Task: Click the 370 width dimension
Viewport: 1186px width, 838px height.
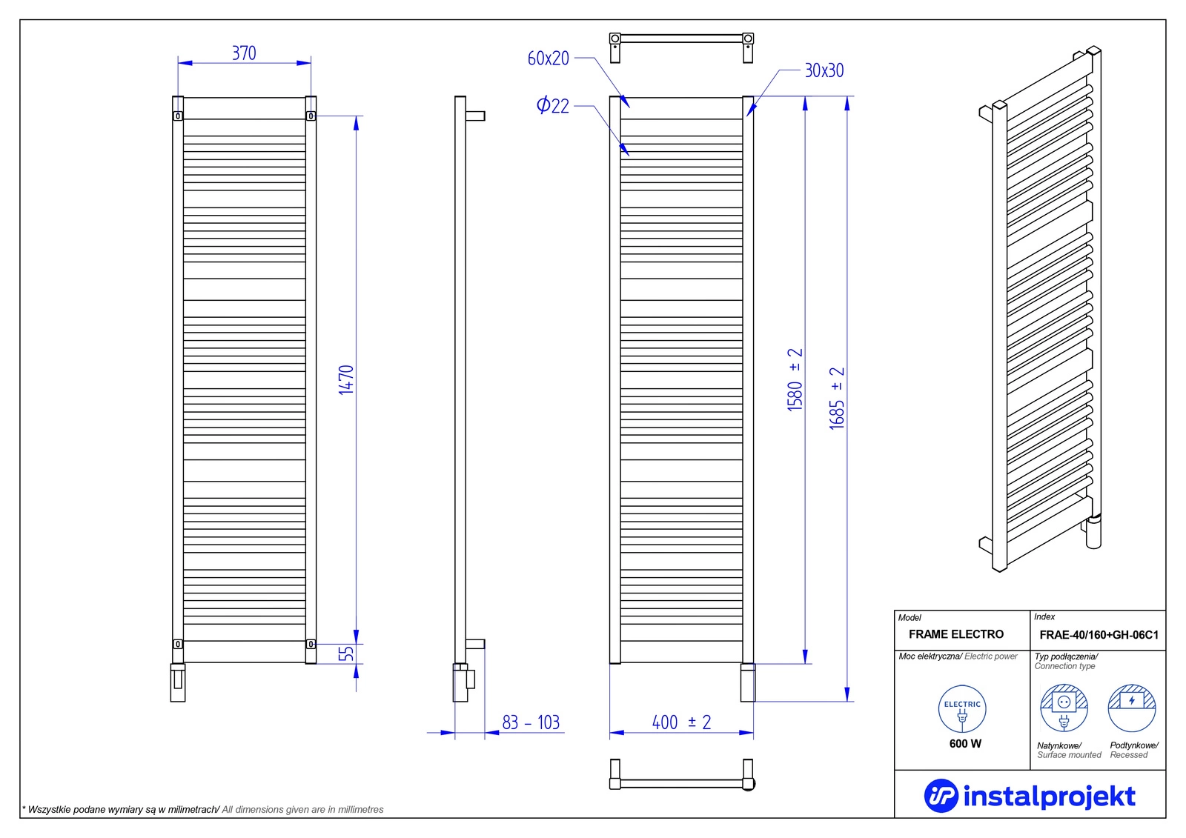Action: (x=244, y=53)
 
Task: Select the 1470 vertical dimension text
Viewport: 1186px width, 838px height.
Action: (x=346, y=379)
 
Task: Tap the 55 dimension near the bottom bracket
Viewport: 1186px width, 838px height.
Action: (x=346, y=654)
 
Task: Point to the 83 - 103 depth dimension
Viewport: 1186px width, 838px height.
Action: (x=531, y=722)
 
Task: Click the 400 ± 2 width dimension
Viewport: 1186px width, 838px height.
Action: (x=681, y=722)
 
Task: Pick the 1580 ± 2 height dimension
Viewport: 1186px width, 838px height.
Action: (x=795, y=379)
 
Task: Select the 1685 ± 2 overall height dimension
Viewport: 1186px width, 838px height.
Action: (x=837, y=398)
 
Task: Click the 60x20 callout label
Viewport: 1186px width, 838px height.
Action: (x=548, y=59)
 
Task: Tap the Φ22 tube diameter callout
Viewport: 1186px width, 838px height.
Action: (x=553, y=105)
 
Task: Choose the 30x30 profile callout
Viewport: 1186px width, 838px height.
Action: (x=824, y=70)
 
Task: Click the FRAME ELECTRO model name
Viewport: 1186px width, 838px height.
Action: (x=955, y=634)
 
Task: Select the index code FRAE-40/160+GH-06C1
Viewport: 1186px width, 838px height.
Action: (x=1099, y=635)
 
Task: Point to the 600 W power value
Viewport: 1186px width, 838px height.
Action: (x=965, y=744)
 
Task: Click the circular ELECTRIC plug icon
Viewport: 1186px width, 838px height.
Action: (x=962, y=709)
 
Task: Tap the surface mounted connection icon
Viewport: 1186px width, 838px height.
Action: (x=1064, y=708)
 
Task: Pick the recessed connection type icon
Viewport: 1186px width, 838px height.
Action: (x=1132, y=708)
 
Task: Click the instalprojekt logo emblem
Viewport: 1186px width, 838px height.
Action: (x=941, y=796)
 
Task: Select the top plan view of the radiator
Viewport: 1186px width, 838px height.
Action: (x=681, y=46)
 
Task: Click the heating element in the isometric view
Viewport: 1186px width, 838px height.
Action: (x=1093, y=530)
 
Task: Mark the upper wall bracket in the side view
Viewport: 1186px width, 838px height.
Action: (x=474, y=116)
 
